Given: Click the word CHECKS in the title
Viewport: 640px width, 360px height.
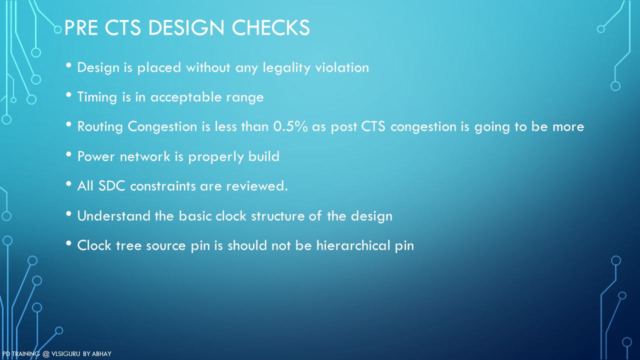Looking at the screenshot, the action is [x=270, y=27].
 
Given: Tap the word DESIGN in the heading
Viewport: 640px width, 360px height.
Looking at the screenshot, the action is [x=186, y=27].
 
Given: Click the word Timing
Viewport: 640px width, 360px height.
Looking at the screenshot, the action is [x=97, y=97].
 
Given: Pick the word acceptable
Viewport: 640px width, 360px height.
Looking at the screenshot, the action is [x=186, y=97].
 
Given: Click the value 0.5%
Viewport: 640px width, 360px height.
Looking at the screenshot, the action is [x=290, y=126].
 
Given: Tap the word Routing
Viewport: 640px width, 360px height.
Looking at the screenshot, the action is [x=100, y=127].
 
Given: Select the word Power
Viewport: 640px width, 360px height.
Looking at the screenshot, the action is [x=95, y=156].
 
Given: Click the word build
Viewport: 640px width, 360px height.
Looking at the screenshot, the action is [x=263, y=156].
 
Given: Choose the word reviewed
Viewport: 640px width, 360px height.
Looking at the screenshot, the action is [x=257, y=186].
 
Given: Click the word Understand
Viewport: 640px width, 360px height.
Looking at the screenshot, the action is [x=113, y=215].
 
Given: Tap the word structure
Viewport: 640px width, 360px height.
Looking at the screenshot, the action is [x=277, y=215].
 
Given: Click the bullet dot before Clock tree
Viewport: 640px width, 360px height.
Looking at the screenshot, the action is [x=68, y=243].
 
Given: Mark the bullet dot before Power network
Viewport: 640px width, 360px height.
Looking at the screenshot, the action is [x=68, y=154].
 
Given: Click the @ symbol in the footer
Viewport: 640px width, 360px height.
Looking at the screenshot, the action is [x=46, y=354].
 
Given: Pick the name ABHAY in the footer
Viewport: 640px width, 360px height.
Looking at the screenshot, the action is [x=101, y=354].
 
